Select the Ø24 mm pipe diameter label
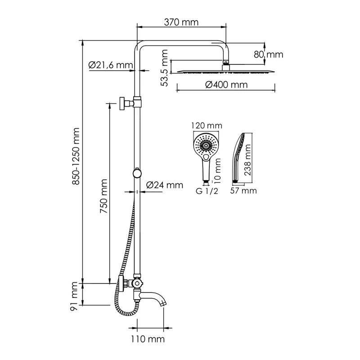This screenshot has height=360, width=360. tap(165, 185)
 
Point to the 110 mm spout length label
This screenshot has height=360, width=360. tap(150, 338)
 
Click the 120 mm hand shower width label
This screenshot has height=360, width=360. tap(206, 126)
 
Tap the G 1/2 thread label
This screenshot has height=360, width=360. tap(206, 192)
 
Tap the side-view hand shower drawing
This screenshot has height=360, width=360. tap(239, 157)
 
